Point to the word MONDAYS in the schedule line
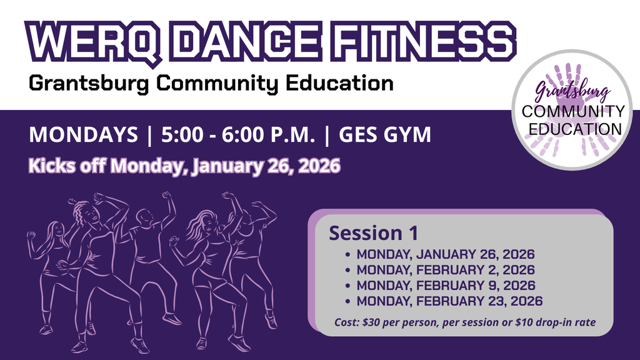(83, 134)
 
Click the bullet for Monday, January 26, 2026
(347, 255)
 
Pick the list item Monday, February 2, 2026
(445, 271)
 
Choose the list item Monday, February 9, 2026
(445, 286)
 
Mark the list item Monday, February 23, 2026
(449, 301)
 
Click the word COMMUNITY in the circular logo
(572, 112)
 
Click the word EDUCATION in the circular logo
(572, 129)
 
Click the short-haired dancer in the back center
(149, 250)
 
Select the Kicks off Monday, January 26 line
(184, 167)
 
